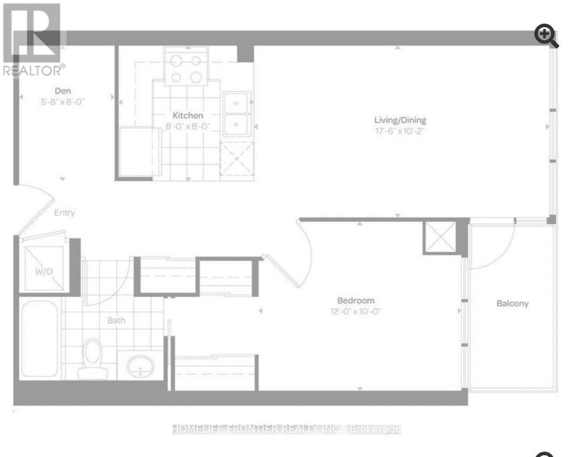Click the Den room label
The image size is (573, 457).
point(63,91)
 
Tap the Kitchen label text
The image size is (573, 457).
point(188,116)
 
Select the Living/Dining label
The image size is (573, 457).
point(400,120)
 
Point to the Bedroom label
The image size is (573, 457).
point(355,300)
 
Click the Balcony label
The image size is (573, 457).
point(513,303)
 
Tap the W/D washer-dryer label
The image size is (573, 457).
point(44,272)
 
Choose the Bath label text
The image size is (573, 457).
point(116,320)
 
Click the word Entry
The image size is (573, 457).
point(64,212)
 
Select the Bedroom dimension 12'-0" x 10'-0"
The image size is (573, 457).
point(355,311)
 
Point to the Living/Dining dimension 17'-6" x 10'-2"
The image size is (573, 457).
point(400,131)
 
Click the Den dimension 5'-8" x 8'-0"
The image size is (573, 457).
point(63,102)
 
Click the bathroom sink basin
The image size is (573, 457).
point(140,366)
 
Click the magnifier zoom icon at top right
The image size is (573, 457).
point(546,35)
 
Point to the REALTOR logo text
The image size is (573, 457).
point(34,70)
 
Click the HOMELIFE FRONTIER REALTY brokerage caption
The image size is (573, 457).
point(286,429)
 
